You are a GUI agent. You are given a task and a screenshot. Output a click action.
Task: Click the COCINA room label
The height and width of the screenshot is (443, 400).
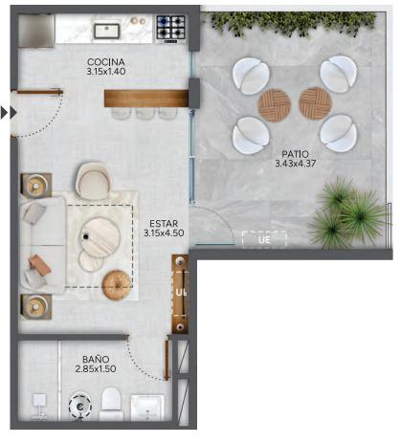[106, 62]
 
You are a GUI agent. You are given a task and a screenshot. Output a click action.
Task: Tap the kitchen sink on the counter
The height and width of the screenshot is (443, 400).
[107, 31]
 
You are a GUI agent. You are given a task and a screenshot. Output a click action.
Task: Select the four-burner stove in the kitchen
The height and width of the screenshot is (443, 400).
[170, 29]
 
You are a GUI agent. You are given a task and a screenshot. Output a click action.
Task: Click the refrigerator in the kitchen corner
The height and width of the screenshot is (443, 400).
[36, 31]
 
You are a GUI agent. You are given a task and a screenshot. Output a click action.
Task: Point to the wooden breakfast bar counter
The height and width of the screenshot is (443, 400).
[146, 99]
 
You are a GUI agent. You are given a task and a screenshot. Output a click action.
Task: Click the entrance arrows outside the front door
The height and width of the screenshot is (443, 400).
[9, 112]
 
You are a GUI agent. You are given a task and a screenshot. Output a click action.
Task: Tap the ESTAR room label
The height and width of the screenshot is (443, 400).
[164, 224]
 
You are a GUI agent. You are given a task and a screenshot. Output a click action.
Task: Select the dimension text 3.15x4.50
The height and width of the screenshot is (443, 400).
[164, 233]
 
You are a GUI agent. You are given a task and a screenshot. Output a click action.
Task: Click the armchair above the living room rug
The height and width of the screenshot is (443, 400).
[93, 181]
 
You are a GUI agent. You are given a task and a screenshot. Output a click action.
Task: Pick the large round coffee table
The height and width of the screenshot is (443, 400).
[100, 237]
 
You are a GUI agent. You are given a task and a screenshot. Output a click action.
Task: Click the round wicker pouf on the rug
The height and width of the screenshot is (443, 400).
[117, 285]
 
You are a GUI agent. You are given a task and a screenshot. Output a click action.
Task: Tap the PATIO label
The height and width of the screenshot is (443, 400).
[296, 154]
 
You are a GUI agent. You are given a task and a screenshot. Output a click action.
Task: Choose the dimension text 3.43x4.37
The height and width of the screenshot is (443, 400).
[296, 164]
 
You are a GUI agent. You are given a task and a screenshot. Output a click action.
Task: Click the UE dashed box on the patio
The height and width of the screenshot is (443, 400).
[264, 239]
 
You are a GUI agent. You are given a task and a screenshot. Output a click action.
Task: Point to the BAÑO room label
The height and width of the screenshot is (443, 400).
[96, 360]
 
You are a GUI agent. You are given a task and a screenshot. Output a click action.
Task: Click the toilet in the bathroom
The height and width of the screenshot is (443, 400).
[111, 404]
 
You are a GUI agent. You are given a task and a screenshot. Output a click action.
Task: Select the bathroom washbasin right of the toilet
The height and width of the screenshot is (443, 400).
[147, 408]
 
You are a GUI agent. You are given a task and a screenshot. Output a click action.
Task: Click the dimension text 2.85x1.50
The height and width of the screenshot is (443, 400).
[96, 369]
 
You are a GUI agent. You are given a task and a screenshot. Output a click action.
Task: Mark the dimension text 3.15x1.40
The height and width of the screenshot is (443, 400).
[106, 72]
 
